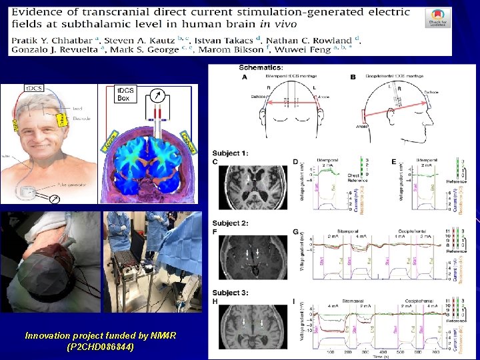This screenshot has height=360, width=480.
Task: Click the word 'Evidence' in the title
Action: pos(39,13)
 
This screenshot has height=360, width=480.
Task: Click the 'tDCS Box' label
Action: pos(125,94)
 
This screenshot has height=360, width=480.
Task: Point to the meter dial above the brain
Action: pos(157,95)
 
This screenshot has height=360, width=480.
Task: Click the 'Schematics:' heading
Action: pos(259,68)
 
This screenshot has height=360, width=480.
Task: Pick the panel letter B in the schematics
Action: pos(353,77)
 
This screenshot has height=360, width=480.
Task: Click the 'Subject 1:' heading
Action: pos(230,153)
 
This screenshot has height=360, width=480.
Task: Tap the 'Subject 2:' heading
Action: pos(230,223)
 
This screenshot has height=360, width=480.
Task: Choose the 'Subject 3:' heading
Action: pos(230,293)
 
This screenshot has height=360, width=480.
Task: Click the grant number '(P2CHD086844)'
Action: pos(101,347)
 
